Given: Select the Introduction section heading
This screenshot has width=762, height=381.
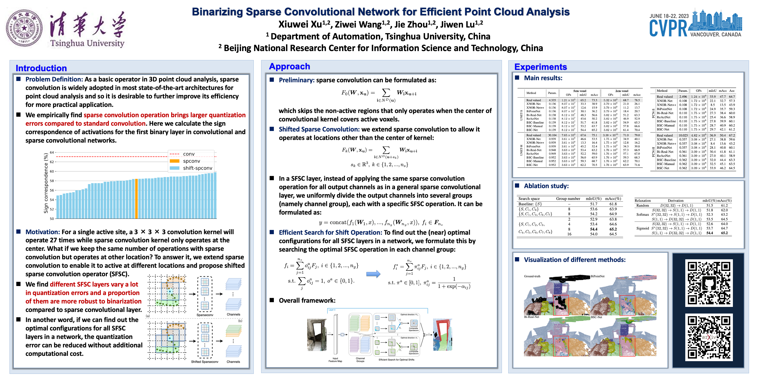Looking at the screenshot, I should click(41, 68).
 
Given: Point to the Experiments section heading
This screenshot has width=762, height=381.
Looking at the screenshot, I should click(541, 67).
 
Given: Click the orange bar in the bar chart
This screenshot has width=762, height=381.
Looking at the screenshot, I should click(136, 198).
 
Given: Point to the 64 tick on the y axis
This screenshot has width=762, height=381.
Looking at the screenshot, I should click(52, 152).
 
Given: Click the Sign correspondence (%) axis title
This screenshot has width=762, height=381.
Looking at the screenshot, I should click(46, 183).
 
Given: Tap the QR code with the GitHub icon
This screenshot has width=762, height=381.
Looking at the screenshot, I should click(709, 283).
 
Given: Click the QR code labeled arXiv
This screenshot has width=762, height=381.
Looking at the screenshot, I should click(709, 337).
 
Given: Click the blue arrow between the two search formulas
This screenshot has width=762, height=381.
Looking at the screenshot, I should click(373, 274).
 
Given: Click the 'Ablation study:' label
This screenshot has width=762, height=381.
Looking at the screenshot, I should click(546, 186).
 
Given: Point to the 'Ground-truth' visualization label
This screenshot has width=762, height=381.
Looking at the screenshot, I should click(532, 276).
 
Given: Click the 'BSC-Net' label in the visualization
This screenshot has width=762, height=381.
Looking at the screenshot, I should click(596, 317).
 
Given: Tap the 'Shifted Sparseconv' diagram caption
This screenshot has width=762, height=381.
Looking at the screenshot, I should click(205, 362).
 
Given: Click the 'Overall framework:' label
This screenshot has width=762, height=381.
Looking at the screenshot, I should click(307, 301).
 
